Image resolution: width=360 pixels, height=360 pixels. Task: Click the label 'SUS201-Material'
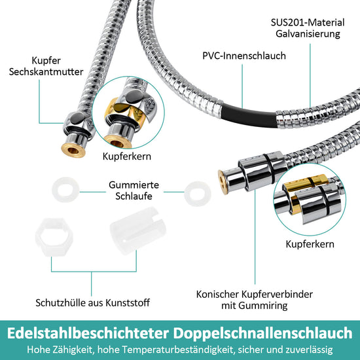[308, 22]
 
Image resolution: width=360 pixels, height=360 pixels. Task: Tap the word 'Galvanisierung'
[308, 34]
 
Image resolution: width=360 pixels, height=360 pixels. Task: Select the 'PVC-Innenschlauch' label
[244, 56]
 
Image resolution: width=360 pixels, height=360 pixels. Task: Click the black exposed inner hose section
[249, 116]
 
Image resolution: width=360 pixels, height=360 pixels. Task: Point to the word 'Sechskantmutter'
[46, 72]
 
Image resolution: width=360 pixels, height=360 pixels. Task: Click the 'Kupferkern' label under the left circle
[127, 156]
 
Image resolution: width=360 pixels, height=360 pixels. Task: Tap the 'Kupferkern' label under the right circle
[310, 244]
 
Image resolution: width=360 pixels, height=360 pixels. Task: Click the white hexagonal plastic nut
[54, 237]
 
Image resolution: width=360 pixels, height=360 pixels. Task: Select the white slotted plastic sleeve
[137, 231]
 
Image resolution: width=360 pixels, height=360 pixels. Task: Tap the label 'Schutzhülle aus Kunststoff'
[92, 302]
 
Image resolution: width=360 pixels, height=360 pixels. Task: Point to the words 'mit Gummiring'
[255, 306]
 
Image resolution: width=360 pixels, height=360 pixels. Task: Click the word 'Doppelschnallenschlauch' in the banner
[262, 333]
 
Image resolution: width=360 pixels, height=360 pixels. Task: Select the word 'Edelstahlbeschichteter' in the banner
[88, 333]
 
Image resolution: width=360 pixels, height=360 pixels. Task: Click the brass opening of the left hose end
[73, 151]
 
